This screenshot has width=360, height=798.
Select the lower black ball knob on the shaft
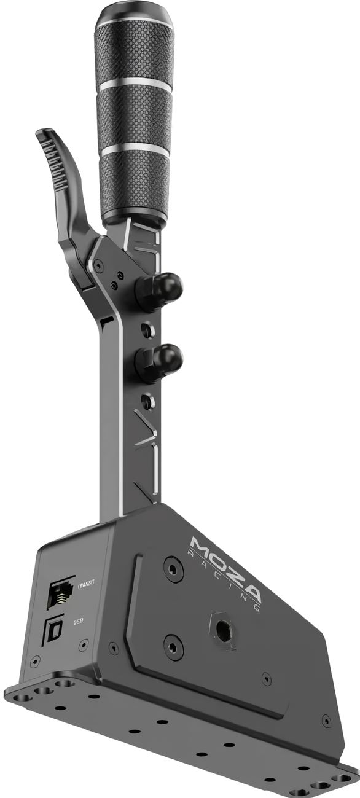pos(162,359)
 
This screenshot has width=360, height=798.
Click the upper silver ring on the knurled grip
pos(135,85)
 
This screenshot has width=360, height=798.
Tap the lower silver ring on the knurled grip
pos(135,147)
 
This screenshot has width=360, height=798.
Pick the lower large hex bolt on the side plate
pos(174,647)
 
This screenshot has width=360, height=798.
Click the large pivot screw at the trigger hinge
pos(98,265)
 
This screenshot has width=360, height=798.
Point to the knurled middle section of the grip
pos(135,117)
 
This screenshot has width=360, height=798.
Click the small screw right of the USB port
pos(84,645)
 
